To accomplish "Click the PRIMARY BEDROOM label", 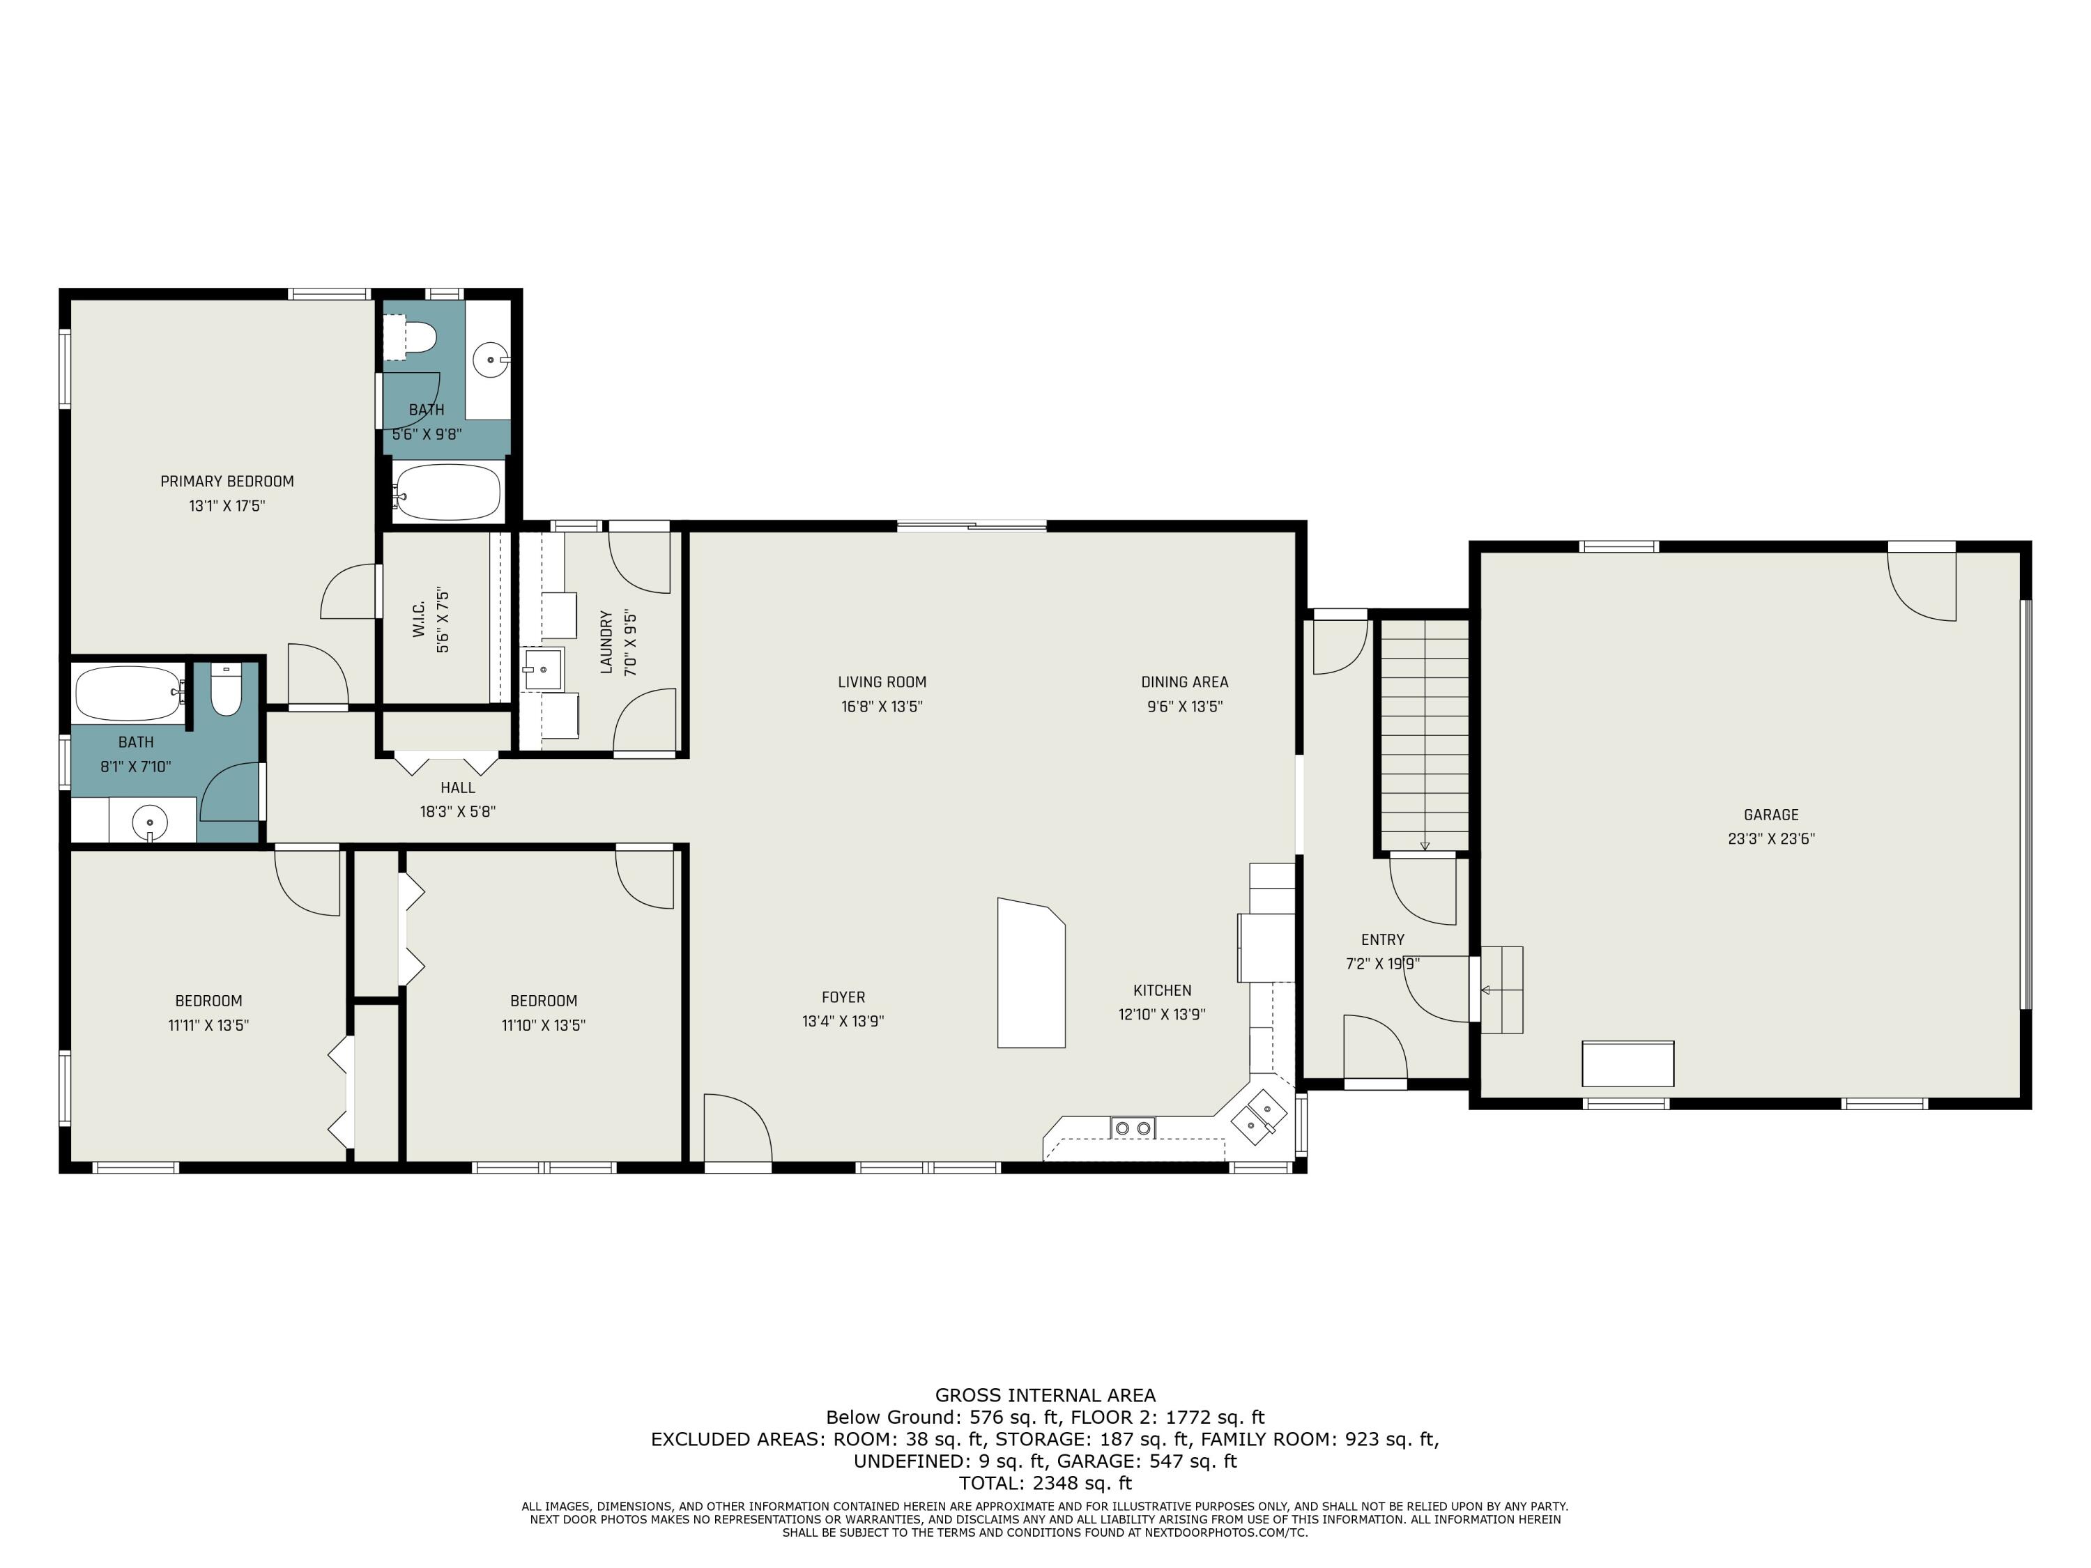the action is click(227, 481).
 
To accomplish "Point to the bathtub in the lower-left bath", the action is click(130, 693).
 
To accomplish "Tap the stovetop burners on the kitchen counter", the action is click(1133, 1128).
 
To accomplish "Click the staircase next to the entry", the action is click(1425, 735).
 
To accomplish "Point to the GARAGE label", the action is click(1770, 815).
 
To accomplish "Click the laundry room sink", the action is click(542, 669).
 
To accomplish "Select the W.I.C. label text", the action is click(419, 620).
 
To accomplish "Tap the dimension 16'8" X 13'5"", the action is click(882, 706).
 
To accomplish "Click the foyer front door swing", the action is click(738, 1128).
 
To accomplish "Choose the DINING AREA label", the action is click(1184, 682).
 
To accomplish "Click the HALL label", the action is click(457, 787).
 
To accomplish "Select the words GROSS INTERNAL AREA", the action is click(1045, 1395).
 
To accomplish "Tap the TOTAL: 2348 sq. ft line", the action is click(1045, 1483).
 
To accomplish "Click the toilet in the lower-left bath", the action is click(226, 689).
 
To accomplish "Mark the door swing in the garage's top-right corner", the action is click(1921, 587).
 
